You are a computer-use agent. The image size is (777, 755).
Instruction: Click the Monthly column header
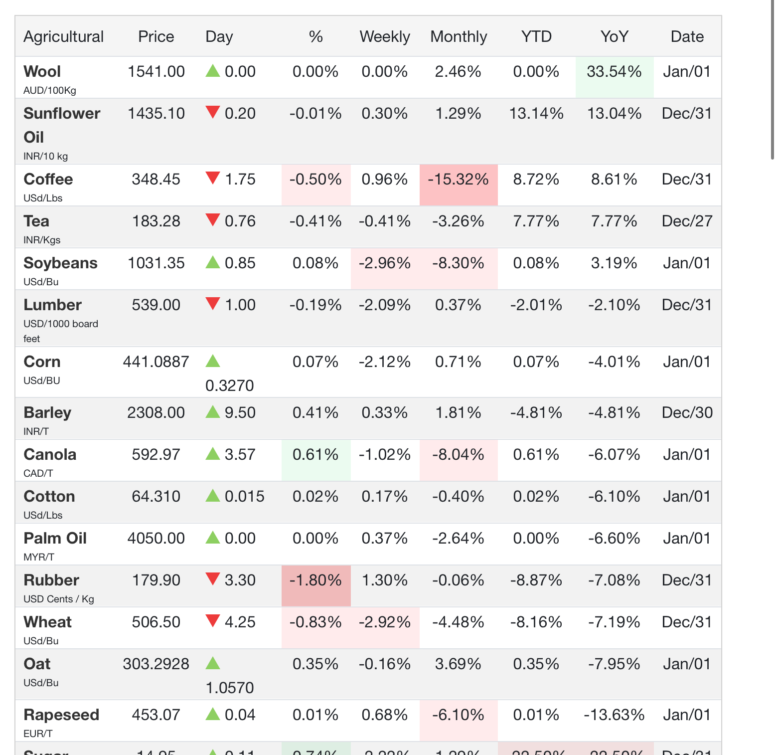[x=459, y=37]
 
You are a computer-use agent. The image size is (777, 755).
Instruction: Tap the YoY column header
[x=614, y=37]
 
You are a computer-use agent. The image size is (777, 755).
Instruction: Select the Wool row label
[x=42, y=72]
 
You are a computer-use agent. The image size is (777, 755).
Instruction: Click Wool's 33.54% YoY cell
[x=614, y=72]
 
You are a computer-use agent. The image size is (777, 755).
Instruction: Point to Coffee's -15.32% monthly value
[x=459, y=180]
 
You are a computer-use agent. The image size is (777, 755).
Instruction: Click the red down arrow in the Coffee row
[x=213, y=178]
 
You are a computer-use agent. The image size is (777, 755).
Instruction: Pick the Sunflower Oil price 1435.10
[x=156, y=114]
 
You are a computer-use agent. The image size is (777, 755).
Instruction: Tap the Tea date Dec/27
[x=687, y=221]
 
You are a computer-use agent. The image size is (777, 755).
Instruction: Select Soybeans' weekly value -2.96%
[x=385, y=263]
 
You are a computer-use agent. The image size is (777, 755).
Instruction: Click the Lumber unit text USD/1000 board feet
[x=60, y=331]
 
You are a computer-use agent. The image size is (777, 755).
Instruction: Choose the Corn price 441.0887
[x=156, y=362]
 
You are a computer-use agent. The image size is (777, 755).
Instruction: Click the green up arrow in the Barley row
[x=213, y=411]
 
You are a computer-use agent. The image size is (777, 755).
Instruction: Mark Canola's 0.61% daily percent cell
[x=315, y=455]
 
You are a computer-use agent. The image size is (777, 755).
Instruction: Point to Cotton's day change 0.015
[x=244, y=497]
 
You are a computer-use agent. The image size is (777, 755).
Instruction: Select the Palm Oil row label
[x=55, y=539]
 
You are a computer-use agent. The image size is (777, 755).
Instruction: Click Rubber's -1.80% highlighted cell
[x=315, y=580]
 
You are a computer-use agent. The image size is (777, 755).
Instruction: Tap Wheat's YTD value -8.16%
[x=536, y=622]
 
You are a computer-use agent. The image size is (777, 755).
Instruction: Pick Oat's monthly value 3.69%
[x=459, y=664]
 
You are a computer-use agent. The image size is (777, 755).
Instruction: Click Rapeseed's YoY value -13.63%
[x=614, y=715]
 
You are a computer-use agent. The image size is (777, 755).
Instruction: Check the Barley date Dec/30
[x=687, y=413]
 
